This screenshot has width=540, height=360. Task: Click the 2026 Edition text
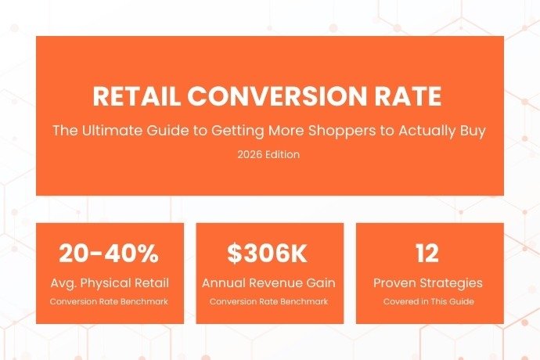coord(269,155)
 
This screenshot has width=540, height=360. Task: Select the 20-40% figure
coord(110,254)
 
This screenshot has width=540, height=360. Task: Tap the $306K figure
coord(269,254)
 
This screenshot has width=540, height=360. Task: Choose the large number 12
coord(427,254)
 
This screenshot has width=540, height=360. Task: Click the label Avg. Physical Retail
coord(110,283)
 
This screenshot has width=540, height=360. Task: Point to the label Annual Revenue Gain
coord(269,283)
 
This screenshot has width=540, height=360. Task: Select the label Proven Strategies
coord(427,283)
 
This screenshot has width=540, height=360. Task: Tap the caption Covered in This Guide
coord(427,301)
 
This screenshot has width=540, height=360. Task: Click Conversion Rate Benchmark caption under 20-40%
coord(110,301)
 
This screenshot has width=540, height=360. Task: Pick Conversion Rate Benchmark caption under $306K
coord(269,301)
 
